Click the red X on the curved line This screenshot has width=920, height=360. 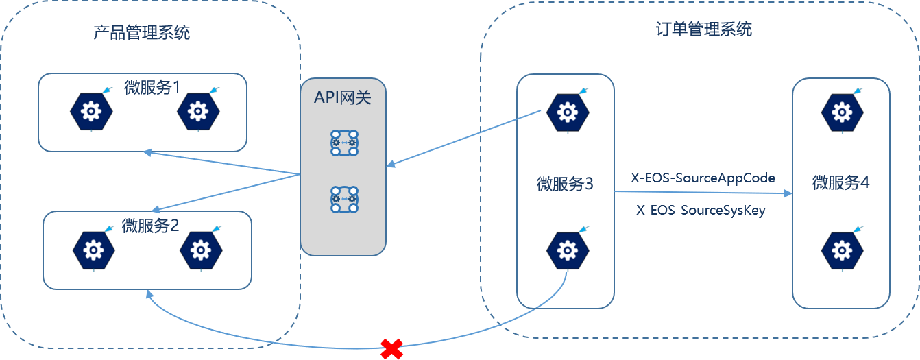[391, 349]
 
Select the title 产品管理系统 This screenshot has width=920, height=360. [142, 32]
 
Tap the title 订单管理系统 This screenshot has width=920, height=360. [704, 29]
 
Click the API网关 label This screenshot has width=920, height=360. [343, 97]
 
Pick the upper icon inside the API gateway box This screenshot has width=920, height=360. [343, 142]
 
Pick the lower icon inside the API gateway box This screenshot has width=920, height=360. [343, 199]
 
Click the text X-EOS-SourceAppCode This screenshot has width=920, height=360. [703, 178]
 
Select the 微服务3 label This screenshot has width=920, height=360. [565, 184]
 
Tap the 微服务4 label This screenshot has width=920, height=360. [840, 183]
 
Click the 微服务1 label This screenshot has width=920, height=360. [152, 87]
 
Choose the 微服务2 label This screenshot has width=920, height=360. [149, 225]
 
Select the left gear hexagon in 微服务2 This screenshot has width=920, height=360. [93, 248]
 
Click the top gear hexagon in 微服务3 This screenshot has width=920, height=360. [566, 110]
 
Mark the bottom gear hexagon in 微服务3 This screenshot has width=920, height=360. [566, 250]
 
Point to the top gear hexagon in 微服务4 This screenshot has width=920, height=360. [840, 110]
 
